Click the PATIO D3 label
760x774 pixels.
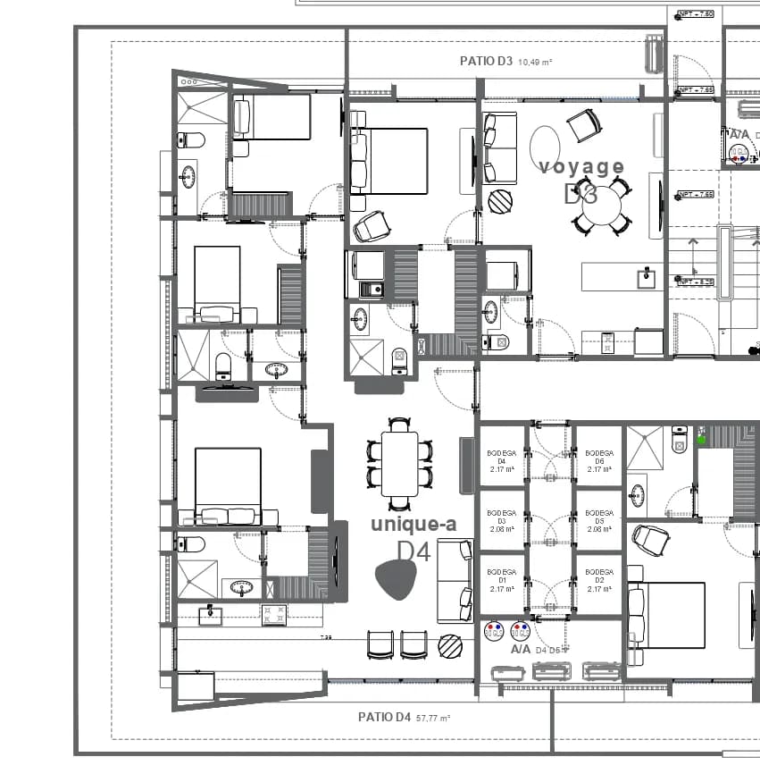[486, 62]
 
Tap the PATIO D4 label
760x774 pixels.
[384, 717]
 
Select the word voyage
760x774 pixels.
[581, 166]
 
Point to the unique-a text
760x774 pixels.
[413, 525]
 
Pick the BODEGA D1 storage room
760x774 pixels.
[501, 580]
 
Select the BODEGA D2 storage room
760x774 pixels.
[599, 580]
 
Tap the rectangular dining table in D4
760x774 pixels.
[399, 463]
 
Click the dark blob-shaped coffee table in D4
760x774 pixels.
[397, 581]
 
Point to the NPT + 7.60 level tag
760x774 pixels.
[696, 14]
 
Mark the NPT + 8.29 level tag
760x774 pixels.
[696, 282]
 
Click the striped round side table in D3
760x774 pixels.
[501, 201]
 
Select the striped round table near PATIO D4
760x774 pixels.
[450, 646]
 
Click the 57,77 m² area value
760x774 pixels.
[433, 718]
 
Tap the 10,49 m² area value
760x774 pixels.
[535, 63]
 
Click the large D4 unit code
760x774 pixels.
[413, 551]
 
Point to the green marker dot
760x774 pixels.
[701, 439]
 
